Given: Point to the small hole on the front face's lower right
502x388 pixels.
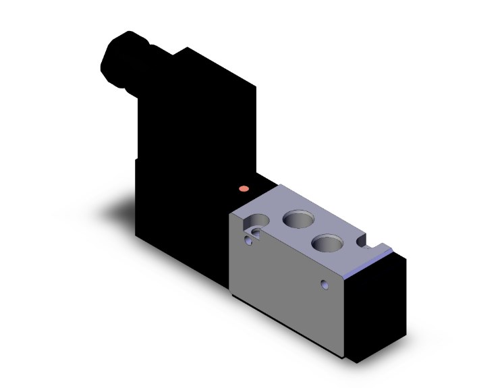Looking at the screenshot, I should pos(327,284).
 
